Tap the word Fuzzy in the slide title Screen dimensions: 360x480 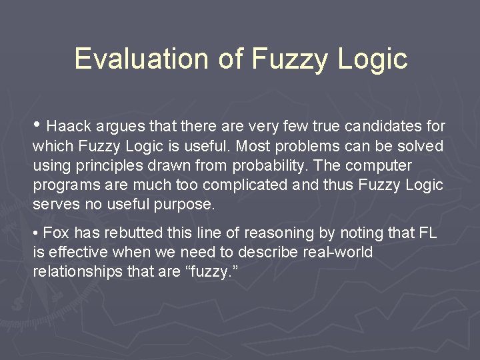290,59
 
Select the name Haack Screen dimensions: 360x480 70,126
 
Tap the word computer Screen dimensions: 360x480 379,165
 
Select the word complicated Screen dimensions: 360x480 243,185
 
